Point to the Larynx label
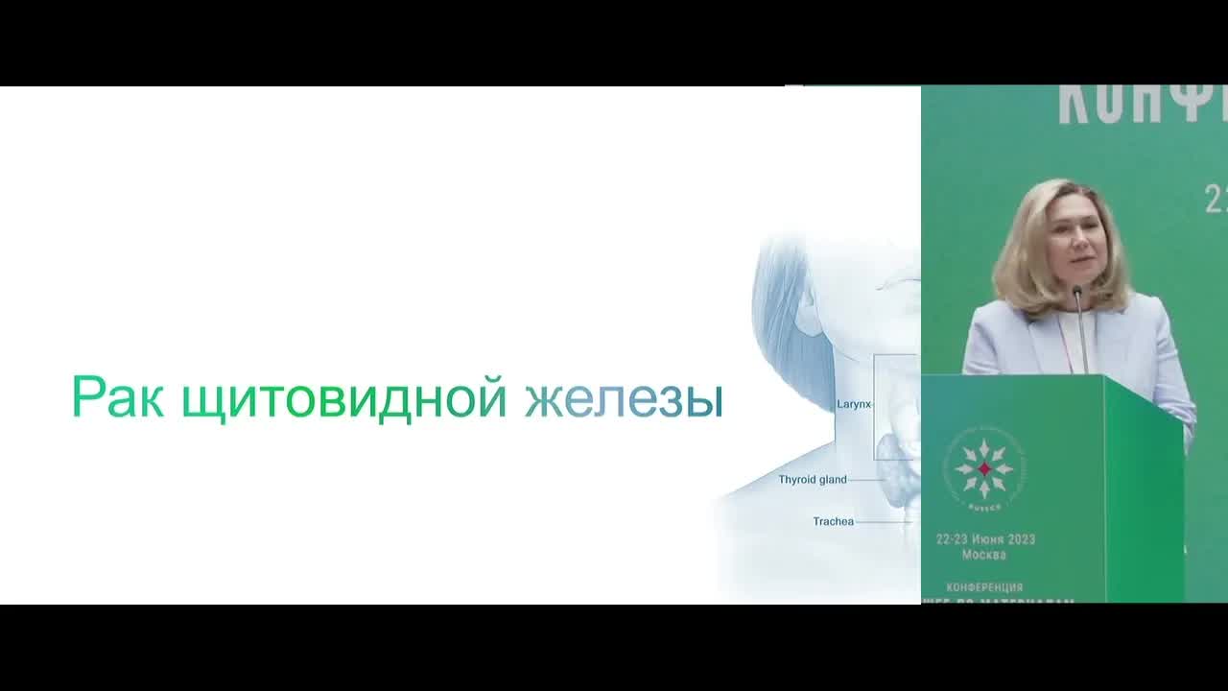click(x=853, y=404)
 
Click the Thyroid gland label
click(x=812, y=479)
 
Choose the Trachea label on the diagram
click(x=833, y=521)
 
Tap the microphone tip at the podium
click(x=1077, y=289)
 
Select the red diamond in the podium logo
click(x=983, y=468)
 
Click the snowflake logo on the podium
click(x=983, y=468)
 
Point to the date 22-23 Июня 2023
click(x=985, y=539)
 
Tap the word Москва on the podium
click(x=984, y=555)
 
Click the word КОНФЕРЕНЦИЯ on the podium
click(x=984, y=586)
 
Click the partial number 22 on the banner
click(x=1216, y=200)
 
